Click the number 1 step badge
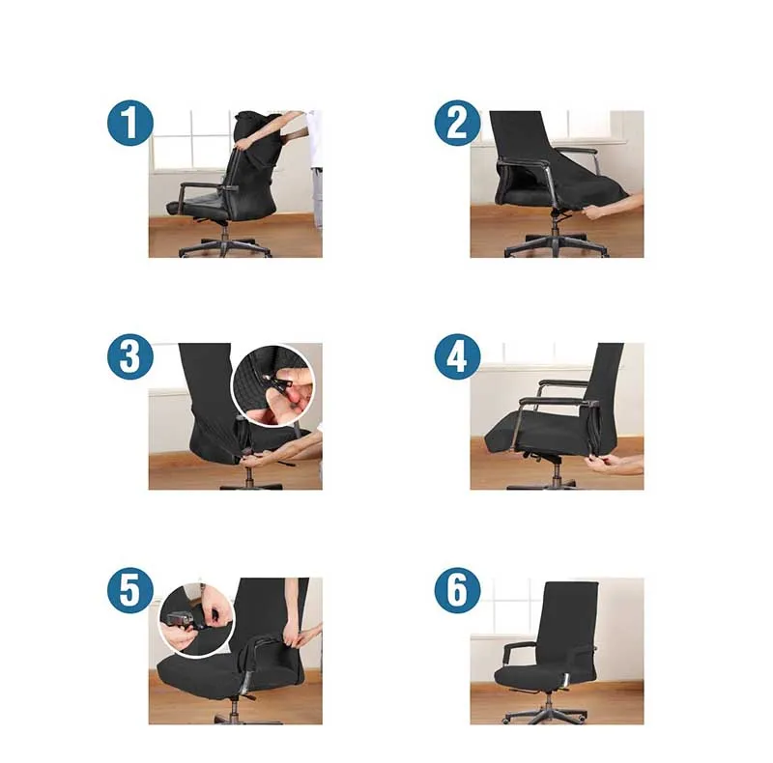(130, 123)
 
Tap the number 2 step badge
(457, 123)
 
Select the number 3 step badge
(130, 356)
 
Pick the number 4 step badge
(457, 356)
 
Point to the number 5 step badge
(130, 590)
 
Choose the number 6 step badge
(457, 590)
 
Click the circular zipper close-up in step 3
(273, 386)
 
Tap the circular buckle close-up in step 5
(197, 621)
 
